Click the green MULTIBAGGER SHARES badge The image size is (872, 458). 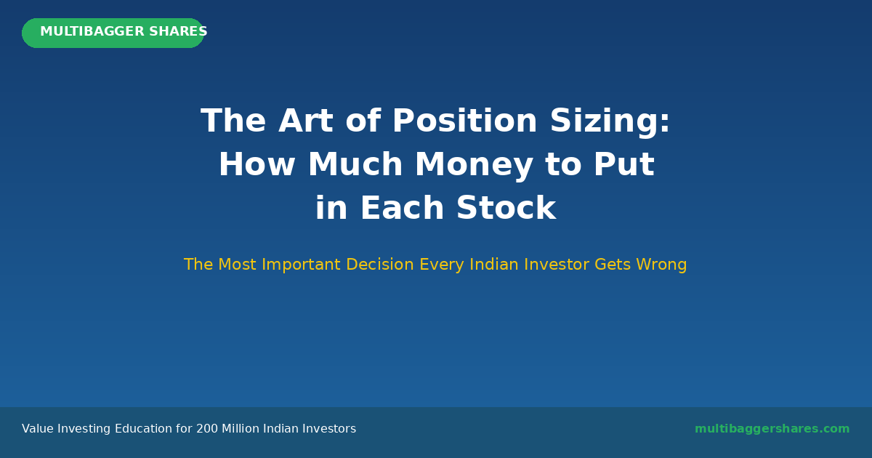(113, 33)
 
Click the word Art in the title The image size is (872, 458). (306, 121)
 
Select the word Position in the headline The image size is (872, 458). (465, 121)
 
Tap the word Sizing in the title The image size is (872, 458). (610, 122)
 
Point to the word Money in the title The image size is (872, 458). (474, 166)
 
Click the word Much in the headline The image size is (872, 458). (355, 164)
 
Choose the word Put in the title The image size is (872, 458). (624, 164)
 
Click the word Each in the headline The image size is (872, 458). (402, 208)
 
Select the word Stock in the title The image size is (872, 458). (506, 208)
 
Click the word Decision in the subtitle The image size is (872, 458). (380, 265)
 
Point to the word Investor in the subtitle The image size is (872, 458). (557, 265)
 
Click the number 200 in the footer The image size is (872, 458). (207, 429)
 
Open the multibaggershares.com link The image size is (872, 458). (772, 429)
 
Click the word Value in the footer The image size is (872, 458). (38, 429)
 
